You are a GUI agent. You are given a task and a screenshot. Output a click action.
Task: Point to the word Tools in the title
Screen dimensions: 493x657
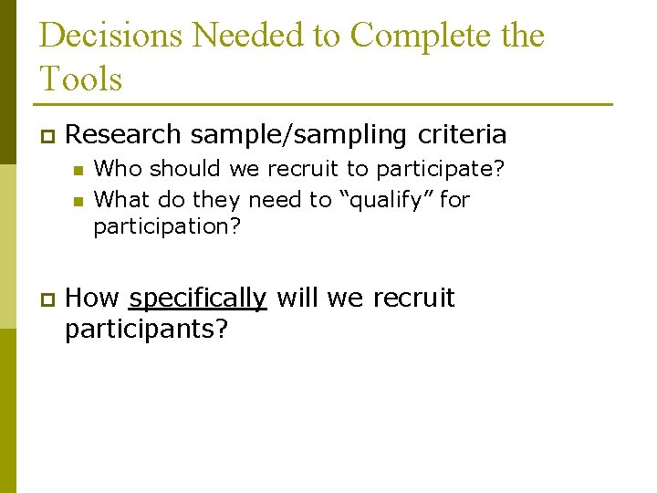pos(81,79)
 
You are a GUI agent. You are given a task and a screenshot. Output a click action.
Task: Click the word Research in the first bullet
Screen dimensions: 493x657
pos(124,135)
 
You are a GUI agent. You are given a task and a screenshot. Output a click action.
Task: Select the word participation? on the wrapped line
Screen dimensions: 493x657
pos(167,226)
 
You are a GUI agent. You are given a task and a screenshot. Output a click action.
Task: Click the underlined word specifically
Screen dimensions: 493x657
pos(198,299)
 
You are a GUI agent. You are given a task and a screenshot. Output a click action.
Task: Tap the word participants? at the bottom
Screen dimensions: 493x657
pos(146,329)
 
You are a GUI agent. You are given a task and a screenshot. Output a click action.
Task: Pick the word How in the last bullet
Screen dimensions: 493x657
pos(93,299)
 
